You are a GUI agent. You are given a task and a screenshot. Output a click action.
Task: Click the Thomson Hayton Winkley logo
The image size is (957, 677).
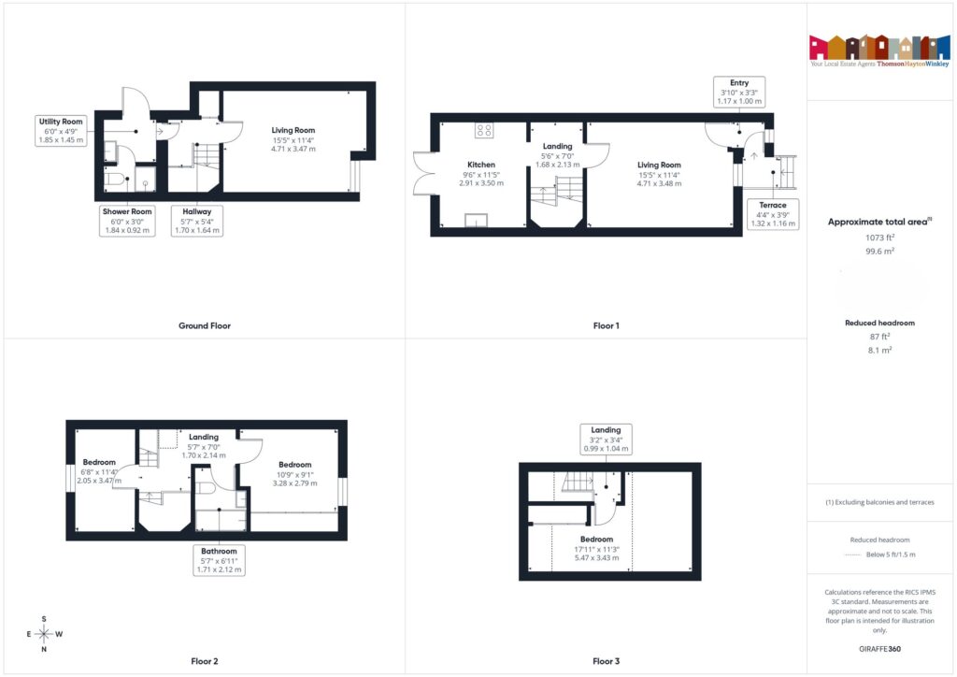(880, 50)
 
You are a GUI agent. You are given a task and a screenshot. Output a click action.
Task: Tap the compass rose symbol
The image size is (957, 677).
(44, 633)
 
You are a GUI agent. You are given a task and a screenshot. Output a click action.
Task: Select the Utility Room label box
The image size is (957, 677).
(61, 131)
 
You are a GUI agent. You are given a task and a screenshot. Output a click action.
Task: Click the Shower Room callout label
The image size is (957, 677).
(127, 221)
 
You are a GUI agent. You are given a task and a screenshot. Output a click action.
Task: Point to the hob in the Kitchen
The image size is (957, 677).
(484, 131)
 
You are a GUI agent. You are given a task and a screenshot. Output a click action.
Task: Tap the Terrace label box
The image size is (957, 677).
(772, 214)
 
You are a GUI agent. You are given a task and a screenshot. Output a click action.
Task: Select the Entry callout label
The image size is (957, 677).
(739, 92)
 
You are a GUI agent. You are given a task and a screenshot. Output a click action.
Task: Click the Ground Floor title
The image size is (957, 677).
(204, 326)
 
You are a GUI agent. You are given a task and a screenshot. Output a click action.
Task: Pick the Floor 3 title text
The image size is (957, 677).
(606, 661)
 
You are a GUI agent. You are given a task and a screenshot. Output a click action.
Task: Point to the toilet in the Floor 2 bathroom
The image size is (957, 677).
(207, 488)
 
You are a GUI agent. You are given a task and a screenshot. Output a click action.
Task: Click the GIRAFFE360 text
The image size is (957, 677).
(880, 648)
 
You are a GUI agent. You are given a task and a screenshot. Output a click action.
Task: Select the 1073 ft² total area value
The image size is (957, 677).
(879, 238)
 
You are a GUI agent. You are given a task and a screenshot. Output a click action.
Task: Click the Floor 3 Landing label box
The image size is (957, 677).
(606, 439)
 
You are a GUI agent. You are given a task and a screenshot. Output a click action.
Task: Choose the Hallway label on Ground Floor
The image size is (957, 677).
(197, 221)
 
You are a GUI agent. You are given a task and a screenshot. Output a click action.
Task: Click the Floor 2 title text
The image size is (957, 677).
(204, 661)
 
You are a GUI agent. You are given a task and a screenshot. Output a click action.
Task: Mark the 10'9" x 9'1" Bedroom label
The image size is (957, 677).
(294, 473)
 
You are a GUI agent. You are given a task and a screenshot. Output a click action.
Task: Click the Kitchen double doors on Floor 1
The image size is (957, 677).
(421, 173)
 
